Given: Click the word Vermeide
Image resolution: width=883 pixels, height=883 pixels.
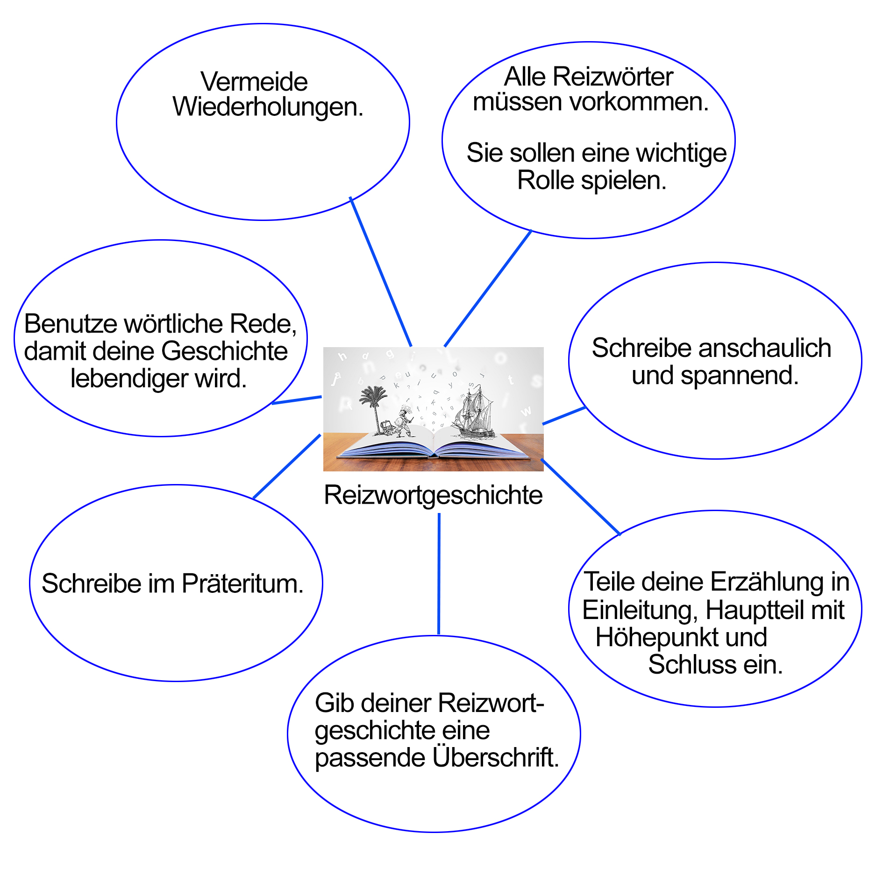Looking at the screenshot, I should (254, 82).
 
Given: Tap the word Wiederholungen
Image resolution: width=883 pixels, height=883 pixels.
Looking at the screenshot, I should (267, 107).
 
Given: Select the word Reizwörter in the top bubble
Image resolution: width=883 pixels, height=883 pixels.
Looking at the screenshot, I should (612, 77).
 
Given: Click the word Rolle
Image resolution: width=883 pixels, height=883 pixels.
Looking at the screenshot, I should (545, 180).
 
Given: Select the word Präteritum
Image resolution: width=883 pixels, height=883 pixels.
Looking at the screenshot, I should (242, 584).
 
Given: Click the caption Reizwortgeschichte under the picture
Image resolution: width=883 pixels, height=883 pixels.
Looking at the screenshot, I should (433, 495).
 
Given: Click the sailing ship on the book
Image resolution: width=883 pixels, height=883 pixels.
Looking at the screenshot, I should (474, 411).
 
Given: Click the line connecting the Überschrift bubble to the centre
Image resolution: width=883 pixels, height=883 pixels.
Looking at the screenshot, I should (439, 575).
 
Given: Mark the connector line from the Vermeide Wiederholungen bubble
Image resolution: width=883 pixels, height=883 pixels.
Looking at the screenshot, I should (381, 271).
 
